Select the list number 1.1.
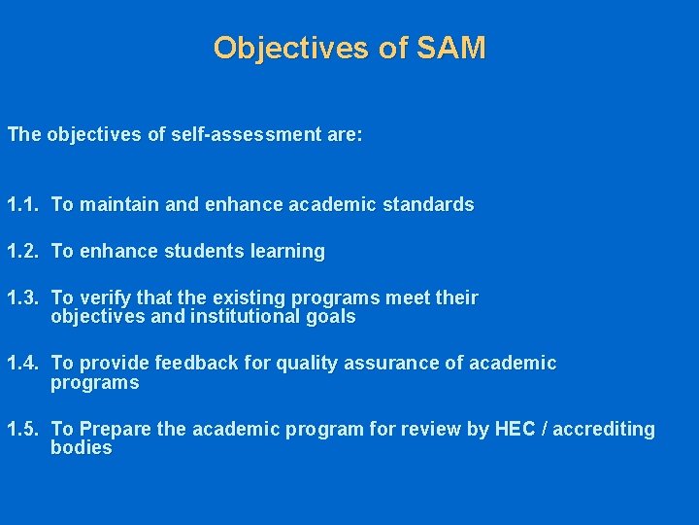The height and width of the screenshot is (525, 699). click(21, 205)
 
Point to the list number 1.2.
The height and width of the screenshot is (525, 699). click(21, 252)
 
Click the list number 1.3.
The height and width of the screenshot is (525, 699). click(21, 298)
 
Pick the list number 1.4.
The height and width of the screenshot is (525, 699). click(21, 364)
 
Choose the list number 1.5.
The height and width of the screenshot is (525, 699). click(21, 430)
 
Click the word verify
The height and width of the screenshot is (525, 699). click(103, 298)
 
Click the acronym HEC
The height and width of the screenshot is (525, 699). click(522, 430)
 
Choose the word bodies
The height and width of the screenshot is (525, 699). click(82, 448)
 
